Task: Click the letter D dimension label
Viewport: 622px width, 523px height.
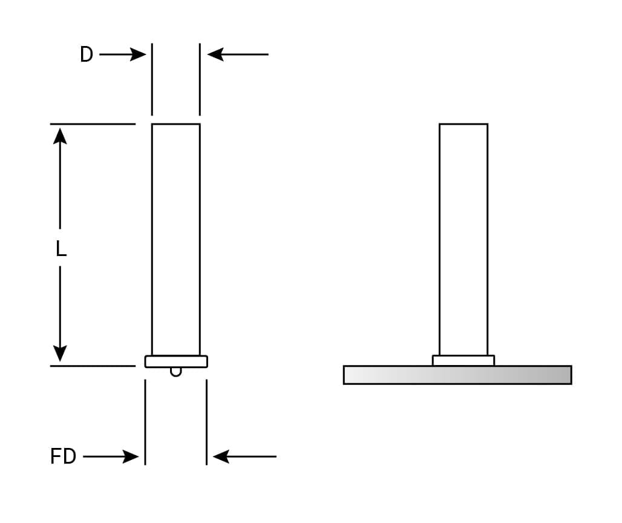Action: pos(87,55)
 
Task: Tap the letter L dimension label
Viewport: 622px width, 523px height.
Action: pos(61,249)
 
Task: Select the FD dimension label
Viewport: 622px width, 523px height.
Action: pos(64,456)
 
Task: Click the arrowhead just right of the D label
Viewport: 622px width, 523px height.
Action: pos(139,54)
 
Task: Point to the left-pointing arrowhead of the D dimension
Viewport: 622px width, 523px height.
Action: pos(215,54)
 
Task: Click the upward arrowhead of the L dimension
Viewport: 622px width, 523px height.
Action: pos(60,136)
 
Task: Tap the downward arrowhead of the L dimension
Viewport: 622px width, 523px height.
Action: pos(60,353)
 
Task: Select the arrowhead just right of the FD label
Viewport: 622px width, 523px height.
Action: pos(131,456)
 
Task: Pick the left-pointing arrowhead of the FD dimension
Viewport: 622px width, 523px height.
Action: pos(221,456)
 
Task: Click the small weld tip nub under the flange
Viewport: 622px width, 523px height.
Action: pos(176,371)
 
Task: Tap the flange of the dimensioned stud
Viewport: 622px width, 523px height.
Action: pos(176,361)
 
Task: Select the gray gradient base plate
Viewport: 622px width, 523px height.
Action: pos(457,375)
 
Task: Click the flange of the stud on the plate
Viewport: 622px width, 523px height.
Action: pos(463,360)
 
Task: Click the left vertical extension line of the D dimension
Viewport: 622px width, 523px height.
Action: pos(152,79)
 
